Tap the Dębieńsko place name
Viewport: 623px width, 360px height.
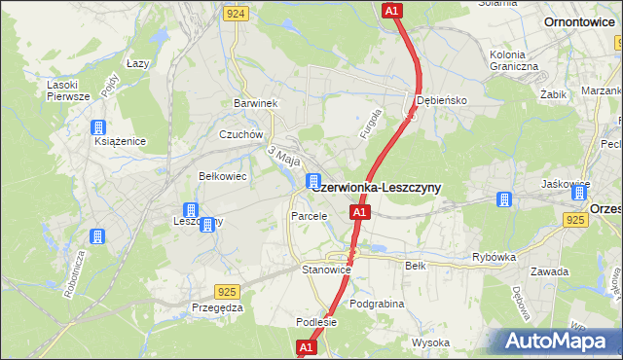(443, 100)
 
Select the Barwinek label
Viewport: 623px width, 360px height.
(256, 103)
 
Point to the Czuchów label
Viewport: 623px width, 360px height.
(241, 135)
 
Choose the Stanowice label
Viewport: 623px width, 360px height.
(325, 269)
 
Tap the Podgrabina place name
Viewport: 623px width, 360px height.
(377, 304)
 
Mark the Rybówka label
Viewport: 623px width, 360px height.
(493, 257)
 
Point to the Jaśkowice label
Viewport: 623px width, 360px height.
(567, 183)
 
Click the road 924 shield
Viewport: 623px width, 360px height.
(235, 14)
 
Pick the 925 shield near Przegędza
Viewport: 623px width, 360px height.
(228, 290)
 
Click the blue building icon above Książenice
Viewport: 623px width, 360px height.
(98, 127)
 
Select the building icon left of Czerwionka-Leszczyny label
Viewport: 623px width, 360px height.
(313, 181)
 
